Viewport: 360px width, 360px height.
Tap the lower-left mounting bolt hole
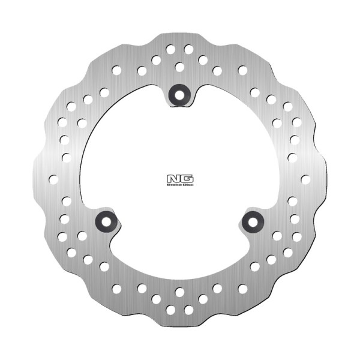point(106,221)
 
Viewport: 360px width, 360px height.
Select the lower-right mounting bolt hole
point(253,221)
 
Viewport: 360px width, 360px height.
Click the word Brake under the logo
point(173,185)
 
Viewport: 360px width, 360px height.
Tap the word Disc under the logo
point(186,185)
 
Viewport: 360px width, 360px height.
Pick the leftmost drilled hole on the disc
point(53,179)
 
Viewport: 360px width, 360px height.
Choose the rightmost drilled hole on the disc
point(305,179)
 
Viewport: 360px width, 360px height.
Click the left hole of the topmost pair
point(170,49)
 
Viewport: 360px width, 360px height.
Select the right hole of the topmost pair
point(188,49)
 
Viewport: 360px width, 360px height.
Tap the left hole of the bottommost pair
point(170,310)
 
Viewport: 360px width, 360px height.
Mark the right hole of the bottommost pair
point(188,310)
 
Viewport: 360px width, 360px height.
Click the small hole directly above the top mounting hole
point(179,67)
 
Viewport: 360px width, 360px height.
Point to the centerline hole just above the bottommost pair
point(179,292)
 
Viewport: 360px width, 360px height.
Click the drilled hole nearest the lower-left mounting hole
point(82,236)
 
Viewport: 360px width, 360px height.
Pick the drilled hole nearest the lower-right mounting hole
point(277,236)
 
